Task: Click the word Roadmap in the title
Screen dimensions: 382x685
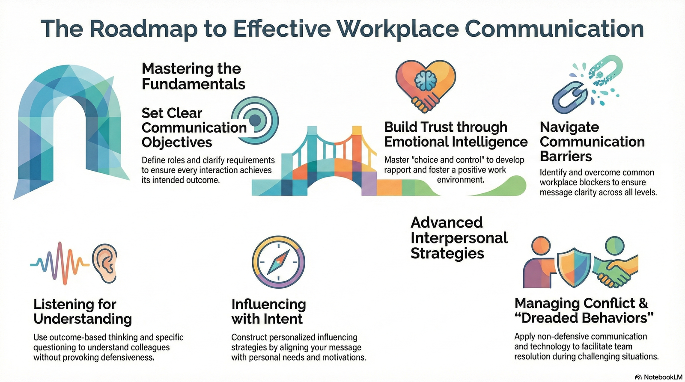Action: (143, 29)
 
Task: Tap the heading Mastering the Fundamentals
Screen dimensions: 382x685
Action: (193, 76)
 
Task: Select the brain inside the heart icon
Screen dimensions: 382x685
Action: (426, 80)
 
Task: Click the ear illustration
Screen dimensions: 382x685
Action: (105, 263)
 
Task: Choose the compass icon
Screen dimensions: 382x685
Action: (278, 261)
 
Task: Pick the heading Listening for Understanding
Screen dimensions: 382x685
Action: (82, 311)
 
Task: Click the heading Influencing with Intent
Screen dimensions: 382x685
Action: (268, 311)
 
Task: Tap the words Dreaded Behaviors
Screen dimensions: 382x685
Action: (587, 318)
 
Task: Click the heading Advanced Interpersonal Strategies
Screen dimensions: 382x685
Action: (459, 238)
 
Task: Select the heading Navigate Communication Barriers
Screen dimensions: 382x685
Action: (592, 142)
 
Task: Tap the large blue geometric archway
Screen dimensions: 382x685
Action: (68, 128)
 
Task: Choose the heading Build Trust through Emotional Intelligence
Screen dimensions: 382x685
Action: (456, 134)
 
